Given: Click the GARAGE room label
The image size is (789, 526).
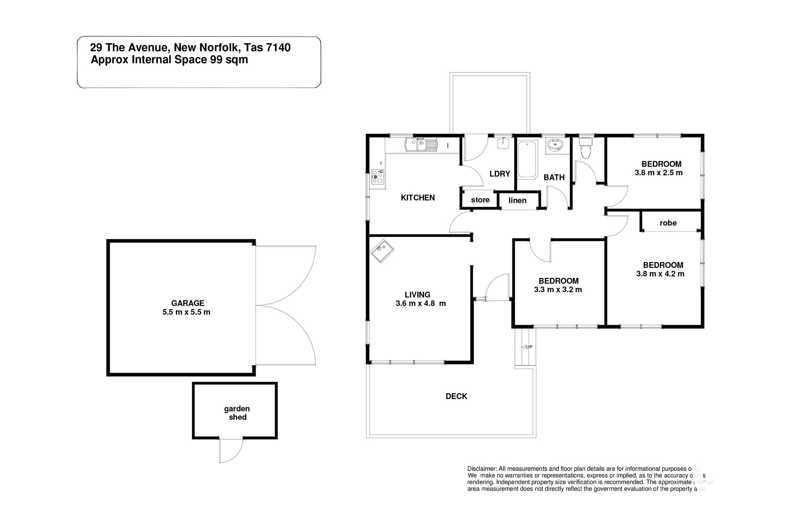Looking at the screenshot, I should (187, 303).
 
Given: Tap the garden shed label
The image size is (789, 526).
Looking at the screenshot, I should (237, 413).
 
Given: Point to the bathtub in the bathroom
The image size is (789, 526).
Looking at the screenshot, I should (527, 159).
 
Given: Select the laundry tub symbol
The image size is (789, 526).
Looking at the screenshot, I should (503, 143).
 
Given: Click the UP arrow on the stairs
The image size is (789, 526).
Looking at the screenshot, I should (526, 347).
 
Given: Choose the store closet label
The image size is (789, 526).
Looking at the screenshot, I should (480, 200).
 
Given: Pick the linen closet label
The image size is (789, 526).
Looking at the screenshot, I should (517, 201).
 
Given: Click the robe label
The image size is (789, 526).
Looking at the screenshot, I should (668, 223).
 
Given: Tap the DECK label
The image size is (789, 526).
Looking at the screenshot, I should (456, 396).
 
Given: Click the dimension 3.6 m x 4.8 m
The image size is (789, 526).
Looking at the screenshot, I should (420, 304).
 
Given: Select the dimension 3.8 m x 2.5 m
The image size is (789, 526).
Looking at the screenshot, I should (658, 173).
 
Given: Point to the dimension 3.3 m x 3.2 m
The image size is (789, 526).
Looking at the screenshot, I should (558, 290).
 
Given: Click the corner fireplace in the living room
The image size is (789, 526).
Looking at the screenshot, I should (382, 251).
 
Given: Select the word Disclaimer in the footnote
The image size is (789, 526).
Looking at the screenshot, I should (482, 469).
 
